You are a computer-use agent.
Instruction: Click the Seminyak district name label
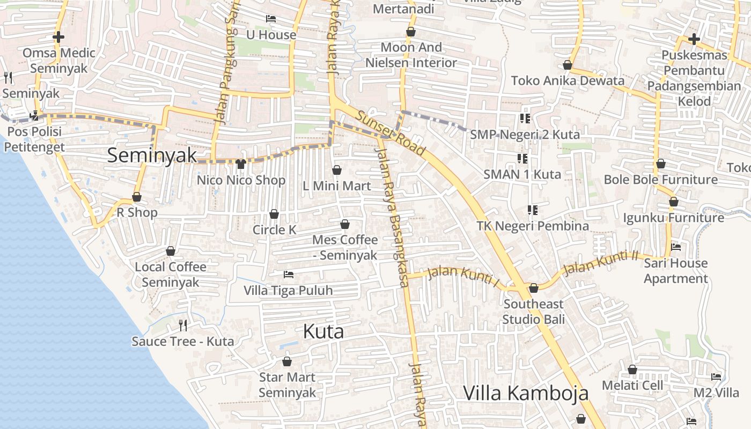coord(152,156)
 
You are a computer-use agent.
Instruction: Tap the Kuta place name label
coord(323,331)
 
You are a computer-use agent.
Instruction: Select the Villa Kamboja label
coord(525,393)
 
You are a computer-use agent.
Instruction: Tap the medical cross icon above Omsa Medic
coord(58,37)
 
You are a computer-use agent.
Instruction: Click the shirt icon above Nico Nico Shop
coord(241,164)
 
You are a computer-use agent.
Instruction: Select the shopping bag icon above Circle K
coord(274,214)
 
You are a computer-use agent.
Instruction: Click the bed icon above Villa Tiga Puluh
coord(289,275)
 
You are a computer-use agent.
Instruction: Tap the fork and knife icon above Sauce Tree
coord(183,325)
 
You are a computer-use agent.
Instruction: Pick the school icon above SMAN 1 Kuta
coord(522,158)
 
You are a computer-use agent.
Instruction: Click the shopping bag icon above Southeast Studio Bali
coord(534,289)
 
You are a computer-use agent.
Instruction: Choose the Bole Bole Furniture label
coord(660,180)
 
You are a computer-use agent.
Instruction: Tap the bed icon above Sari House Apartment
coord(676,247)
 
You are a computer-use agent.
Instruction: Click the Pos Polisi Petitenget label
coord(36,139)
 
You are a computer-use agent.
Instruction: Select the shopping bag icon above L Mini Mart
coord(337,171)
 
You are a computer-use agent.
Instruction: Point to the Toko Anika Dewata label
coord(568,81)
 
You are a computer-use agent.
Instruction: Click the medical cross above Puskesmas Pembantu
coord(694,39)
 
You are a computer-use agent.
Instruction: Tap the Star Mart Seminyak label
coord(287,385)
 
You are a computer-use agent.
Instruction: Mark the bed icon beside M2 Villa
coord(716,377)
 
